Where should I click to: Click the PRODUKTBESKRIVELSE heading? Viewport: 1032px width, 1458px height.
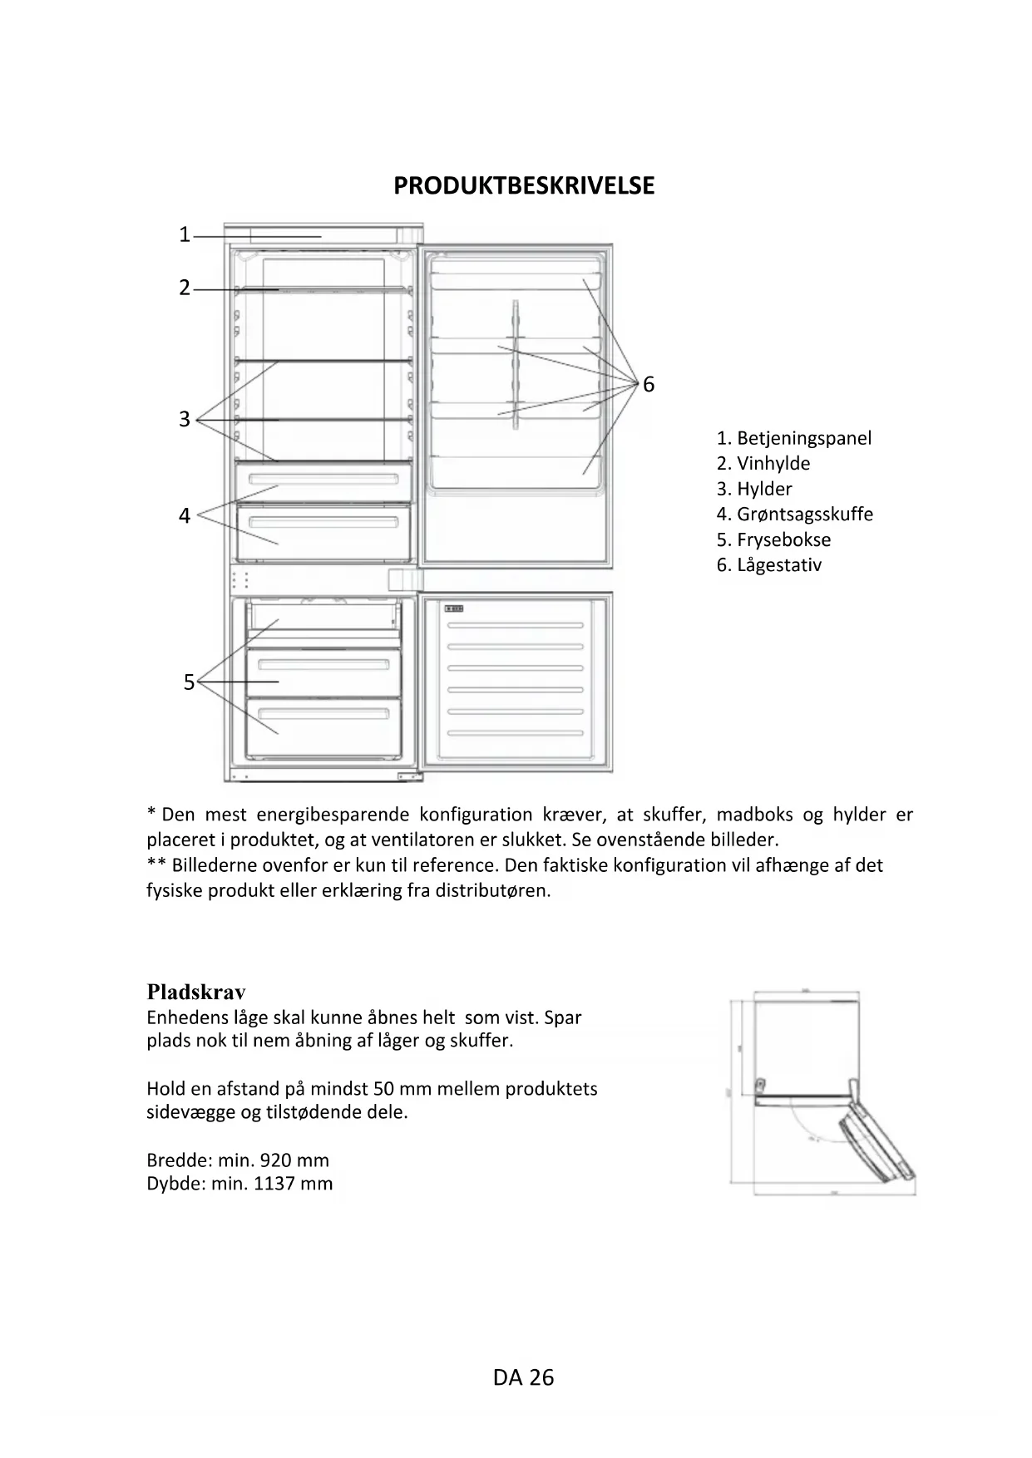[x=524, y=185]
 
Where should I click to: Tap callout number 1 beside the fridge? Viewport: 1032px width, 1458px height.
[x=185, y=235]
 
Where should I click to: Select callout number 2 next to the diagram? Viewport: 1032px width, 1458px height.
[x=185, y=288]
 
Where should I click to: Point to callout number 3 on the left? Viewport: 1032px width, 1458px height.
[x=185, y=419]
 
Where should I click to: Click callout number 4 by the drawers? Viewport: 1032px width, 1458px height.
[x=185, y=516]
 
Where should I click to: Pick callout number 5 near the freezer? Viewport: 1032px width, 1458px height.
[x=189, y=682]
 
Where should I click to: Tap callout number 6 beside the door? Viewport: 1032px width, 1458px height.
[x=649, y=385]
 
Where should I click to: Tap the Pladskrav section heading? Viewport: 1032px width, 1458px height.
[x=196, y=992]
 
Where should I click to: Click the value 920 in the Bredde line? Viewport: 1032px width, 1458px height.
[x=276, y=1160]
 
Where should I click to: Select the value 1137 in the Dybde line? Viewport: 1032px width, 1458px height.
[x=274, y=1184]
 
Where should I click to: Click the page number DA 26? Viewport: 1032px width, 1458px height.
[x=523, y=1377]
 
